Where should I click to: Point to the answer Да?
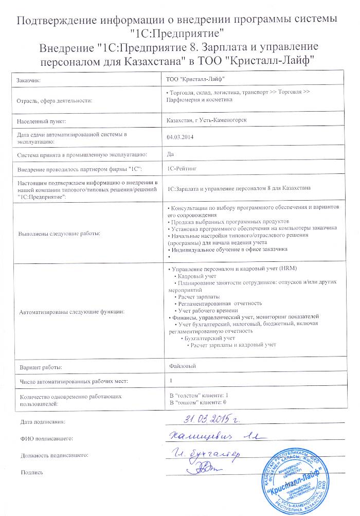pos(171,153)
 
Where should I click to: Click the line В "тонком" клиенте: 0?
pos(198,402)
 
